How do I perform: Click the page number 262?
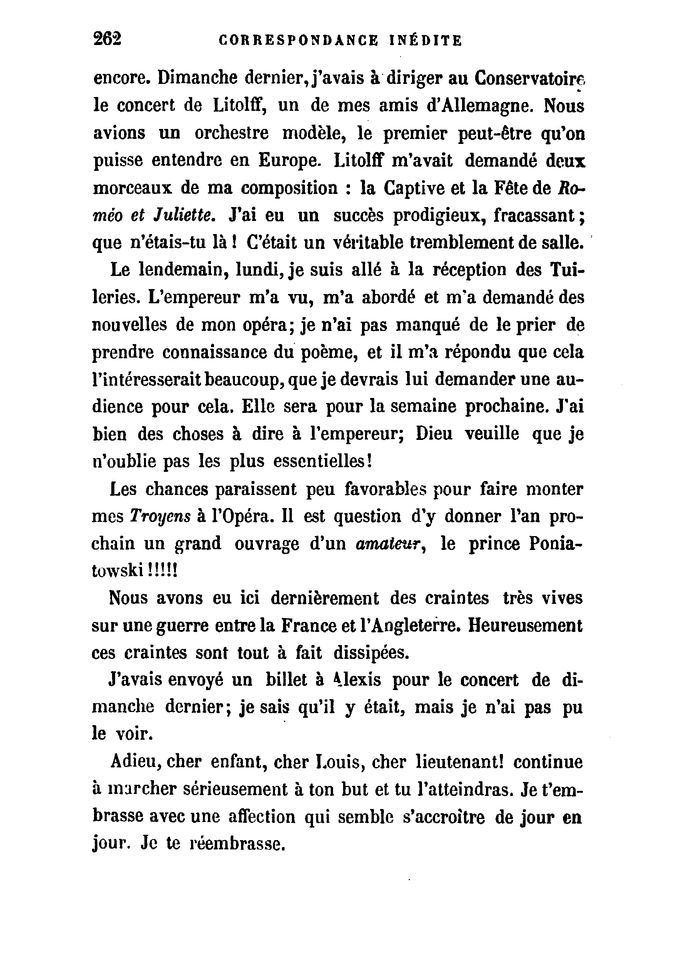[107, 39]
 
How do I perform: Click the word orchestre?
[232, 134]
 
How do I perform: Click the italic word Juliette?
[184, 216]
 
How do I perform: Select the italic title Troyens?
[161, 517]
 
